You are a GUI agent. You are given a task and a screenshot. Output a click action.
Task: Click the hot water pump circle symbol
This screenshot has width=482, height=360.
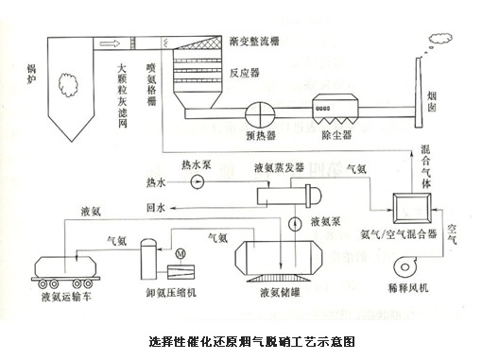198,181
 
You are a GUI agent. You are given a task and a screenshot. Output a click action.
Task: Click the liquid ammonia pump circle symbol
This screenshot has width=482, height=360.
295,224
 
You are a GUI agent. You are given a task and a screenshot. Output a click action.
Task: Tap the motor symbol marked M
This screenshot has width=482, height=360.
181,253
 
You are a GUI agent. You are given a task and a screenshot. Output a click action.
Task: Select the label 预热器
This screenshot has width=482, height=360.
261,136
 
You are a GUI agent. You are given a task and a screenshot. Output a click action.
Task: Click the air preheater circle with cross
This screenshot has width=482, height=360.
261,112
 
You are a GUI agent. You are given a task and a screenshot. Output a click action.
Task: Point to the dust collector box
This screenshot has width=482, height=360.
335,109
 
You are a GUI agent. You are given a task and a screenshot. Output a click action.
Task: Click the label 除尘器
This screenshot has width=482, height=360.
336,135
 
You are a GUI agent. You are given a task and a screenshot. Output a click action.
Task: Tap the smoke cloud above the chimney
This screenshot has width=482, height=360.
440,39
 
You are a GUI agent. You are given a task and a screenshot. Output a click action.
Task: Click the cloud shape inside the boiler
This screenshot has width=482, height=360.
68,85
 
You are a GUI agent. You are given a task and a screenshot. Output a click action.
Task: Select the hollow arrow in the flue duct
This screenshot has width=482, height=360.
110,43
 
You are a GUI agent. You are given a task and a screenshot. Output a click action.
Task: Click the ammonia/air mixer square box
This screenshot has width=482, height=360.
412,208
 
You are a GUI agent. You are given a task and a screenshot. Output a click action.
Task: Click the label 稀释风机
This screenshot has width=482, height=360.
408,287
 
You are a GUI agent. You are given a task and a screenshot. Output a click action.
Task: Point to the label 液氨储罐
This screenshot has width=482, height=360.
280,293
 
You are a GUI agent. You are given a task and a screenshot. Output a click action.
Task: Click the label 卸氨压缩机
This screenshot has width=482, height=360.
171,293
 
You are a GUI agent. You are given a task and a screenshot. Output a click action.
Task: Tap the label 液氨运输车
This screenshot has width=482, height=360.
66,297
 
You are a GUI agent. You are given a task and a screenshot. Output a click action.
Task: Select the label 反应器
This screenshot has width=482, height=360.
245,74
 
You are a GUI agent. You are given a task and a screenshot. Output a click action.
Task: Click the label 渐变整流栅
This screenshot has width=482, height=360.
254,42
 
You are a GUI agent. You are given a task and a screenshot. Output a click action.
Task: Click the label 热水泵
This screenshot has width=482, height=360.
196,164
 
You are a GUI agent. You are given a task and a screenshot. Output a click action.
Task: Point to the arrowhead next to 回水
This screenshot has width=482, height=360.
173,208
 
